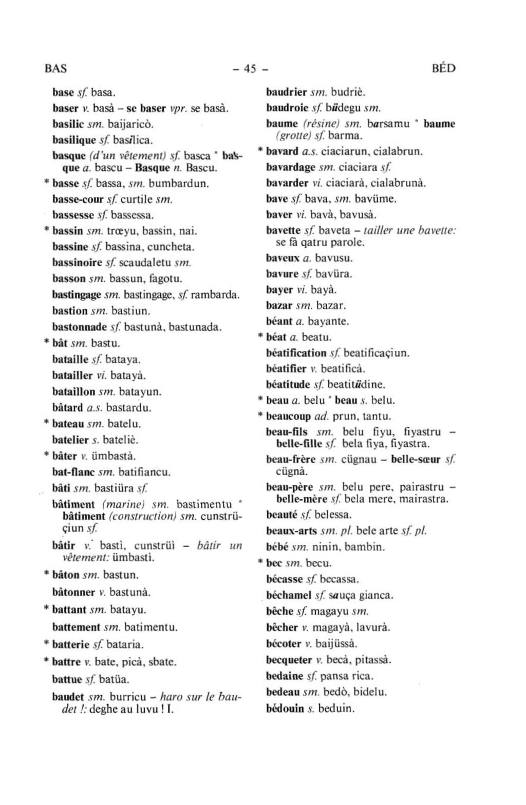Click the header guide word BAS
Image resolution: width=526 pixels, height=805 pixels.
(x=56, y=68)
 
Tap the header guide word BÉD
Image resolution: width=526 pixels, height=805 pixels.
(x=444, y=68)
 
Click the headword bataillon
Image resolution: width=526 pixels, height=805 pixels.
(x=74, y=392)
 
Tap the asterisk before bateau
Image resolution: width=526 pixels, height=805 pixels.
(x=46, y=424)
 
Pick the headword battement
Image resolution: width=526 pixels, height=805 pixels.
(x=76, y=627)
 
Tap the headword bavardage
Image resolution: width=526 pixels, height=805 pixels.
(x=291, y=167)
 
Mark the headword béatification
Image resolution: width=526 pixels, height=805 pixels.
(x=296, y=353)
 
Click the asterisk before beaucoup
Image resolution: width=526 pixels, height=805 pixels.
(x=260, y=416)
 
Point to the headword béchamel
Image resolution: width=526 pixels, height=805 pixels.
(x=289, y=595)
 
